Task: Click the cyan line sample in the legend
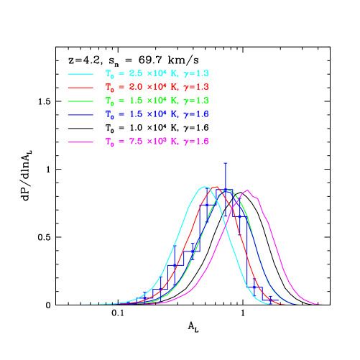pyautogui.click(x=80, y=74)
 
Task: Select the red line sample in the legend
pyautogui.click(x=80, y=88)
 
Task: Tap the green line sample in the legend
pyautogui.click(x=80, y=101)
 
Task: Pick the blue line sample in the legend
pyautogui.click(x=80, y=114)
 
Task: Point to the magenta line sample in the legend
pyautogui.click(x=80, y=142)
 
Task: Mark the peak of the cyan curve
pyautogui.click(x=206, y=187)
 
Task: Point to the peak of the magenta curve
pyautogui.click(x=248, y=190)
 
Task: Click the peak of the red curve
pyautogui.click(x=216, y=187)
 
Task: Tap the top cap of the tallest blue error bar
pyautogui.click(x=226, y=162)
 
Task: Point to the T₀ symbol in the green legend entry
pyautogui.click(x=109, y=101)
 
